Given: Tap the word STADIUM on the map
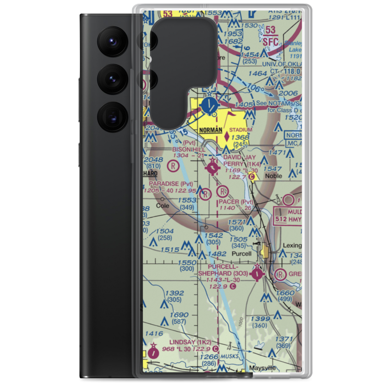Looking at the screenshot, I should coord(241,129).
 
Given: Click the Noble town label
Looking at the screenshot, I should coord(273,176).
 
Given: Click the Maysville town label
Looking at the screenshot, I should coord(262,368).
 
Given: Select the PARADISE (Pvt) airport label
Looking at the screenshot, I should coord(171,184).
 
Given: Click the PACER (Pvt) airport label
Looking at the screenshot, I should coord(236,202).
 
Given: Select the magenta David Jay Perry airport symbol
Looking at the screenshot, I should coord(212,168).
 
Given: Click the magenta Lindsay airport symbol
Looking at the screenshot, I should coord(154,353).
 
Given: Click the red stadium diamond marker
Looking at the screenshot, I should coord(227,137).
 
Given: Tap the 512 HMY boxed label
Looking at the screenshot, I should coord(288,220).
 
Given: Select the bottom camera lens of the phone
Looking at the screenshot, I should coord(111,117).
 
